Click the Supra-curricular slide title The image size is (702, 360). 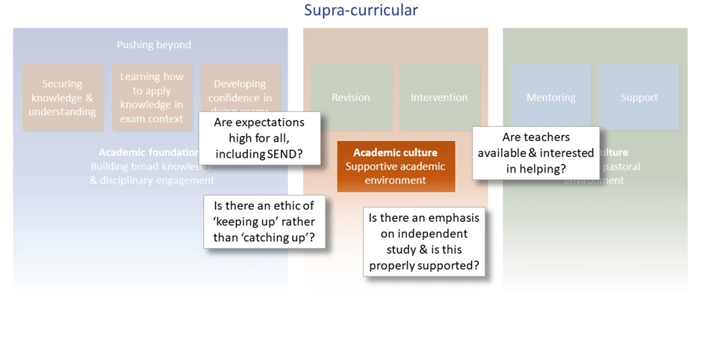[361, 10]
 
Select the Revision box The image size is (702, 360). [351, 97]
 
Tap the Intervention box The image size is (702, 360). [439, 97]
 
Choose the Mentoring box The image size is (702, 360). [550, 97]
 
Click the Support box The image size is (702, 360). [639, 97]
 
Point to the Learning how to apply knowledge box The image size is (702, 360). [152, 97]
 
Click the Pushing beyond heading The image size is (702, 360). [154, 45]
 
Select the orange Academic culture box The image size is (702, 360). [396, 166]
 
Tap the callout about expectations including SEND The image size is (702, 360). [259, 138]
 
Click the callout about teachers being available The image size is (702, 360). [535, 152]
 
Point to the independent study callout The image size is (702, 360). [423, 241]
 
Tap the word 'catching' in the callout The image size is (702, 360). [278, 238]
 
